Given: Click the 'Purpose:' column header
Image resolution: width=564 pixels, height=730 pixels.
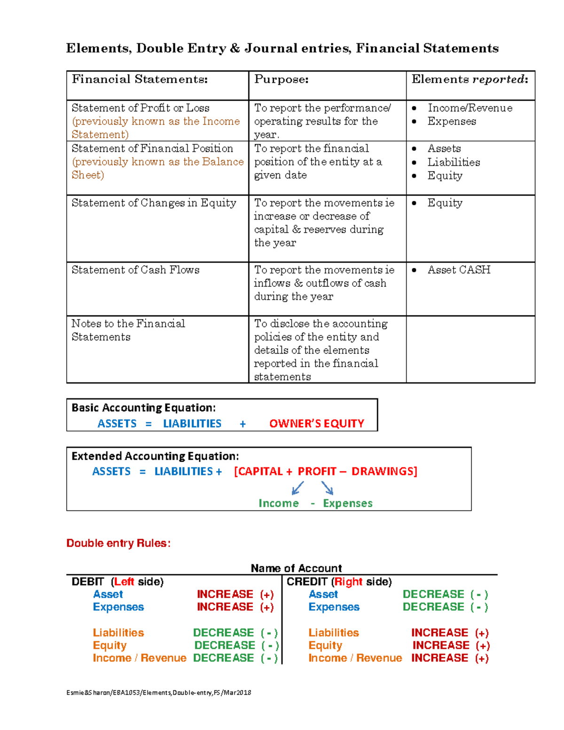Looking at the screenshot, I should (281, 79).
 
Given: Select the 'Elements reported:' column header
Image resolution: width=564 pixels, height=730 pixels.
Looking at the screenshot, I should (470, 79).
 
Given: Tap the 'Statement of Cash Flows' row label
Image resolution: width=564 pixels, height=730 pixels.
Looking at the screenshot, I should (135, 270).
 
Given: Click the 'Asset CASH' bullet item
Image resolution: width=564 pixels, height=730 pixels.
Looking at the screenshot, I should (459, 270).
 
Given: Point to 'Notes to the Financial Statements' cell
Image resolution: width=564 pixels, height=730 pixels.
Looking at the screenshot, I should (128, 330).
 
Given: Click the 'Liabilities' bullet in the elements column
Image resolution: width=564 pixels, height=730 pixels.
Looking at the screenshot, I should (454, 162).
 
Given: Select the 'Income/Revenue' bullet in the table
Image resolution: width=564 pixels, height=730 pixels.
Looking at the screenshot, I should (470, 108).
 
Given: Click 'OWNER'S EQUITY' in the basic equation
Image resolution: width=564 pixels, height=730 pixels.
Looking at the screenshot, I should (316, 424).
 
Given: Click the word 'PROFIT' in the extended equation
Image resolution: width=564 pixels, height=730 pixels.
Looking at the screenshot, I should (317, 471).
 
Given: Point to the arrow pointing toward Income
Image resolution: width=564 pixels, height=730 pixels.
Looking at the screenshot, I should (297, 488).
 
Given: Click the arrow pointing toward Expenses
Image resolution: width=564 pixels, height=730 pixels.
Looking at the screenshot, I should (328, 488).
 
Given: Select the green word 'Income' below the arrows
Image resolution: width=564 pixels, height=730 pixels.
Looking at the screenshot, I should (278, 503).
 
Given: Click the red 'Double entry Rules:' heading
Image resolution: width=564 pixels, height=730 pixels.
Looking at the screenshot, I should (118, 543).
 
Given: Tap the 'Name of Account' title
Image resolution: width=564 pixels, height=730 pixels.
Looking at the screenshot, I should (296, 568).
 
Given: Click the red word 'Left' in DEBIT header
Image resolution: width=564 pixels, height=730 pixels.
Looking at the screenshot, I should (124, 582).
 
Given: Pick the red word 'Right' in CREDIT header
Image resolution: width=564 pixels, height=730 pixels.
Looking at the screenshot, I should (348, 582).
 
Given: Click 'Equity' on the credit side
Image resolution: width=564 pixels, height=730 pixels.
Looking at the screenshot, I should (325, 645).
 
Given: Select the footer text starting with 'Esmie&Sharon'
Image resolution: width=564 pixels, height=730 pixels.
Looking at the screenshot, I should (159, 692).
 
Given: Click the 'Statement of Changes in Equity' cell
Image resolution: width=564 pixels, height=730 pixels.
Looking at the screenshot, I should (154, 203).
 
